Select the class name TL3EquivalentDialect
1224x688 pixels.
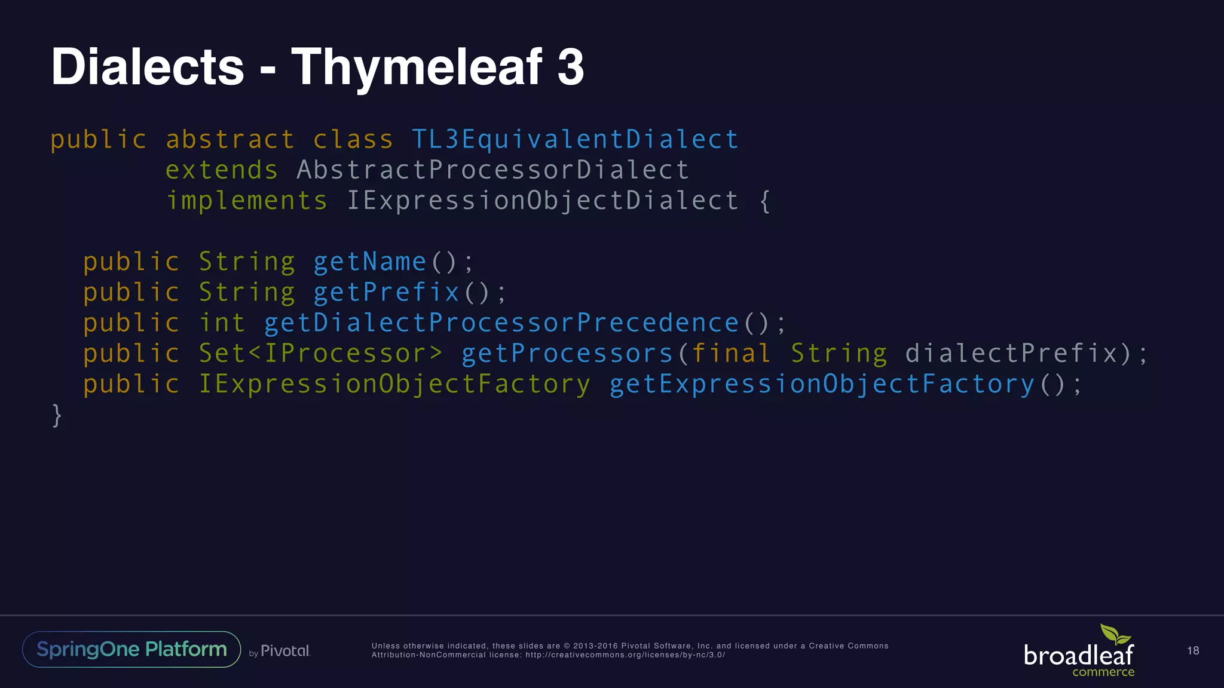pos(575,140)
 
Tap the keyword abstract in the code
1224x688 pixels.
pos(230,140)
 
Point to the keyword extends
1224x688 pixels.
pos(222,170)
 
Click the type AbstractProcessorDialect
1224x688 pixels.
pos(493,170)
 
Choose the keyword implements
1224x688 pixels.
pos(247,201)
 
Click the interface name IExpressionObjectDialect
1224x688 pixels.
pos(543,201)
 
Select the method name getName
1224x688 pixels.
pos(370,262)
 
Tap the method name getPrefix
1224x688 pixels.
pos(387,293)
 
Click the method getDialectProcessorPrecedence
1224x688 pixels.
pos(501,323)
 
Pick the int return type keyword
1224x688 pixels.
pos(222,323)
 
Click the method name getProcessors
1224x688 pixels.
pos(567,354)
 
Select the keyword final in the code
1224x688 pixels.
pos(731,354)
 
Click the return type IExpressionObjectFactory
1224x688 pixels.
pos(394,384)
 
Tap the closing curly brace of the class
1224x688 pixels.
pos(57,415)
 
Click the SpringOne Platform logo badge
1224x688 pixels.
pos(131,649)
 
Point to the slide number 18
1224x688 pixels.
pos(1193,650)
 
